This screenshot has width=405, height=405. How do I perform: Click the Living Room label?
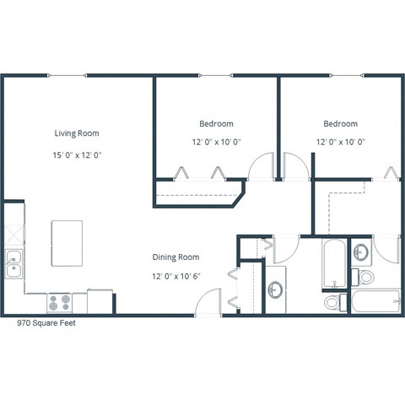(77, 132)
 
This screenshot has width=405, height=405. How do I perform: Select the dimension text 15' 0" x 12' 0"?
(77, 155)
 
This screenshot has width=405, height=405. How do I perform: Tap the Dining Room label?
(175, 256)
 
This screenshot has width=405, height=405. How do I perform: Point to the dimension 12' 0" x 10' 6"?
(175, 276)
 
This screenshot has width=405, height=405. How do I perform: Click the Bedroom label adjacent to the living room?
(216, 123)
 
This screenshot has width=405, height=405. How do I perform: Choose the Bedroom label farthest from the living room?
(340, 123)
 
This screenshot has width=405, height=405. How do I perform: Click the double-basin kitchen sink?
(13, 264)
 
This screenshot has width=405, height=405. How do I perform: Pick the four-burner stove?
(59, 302)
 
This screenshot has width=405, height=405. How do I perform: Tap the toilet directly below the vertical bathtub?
(332, 302)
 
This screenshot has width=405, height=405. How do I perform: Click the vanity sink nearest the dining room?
(275, 290)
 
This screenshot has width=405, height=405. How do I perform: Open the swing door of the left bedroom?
(262, 166)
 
